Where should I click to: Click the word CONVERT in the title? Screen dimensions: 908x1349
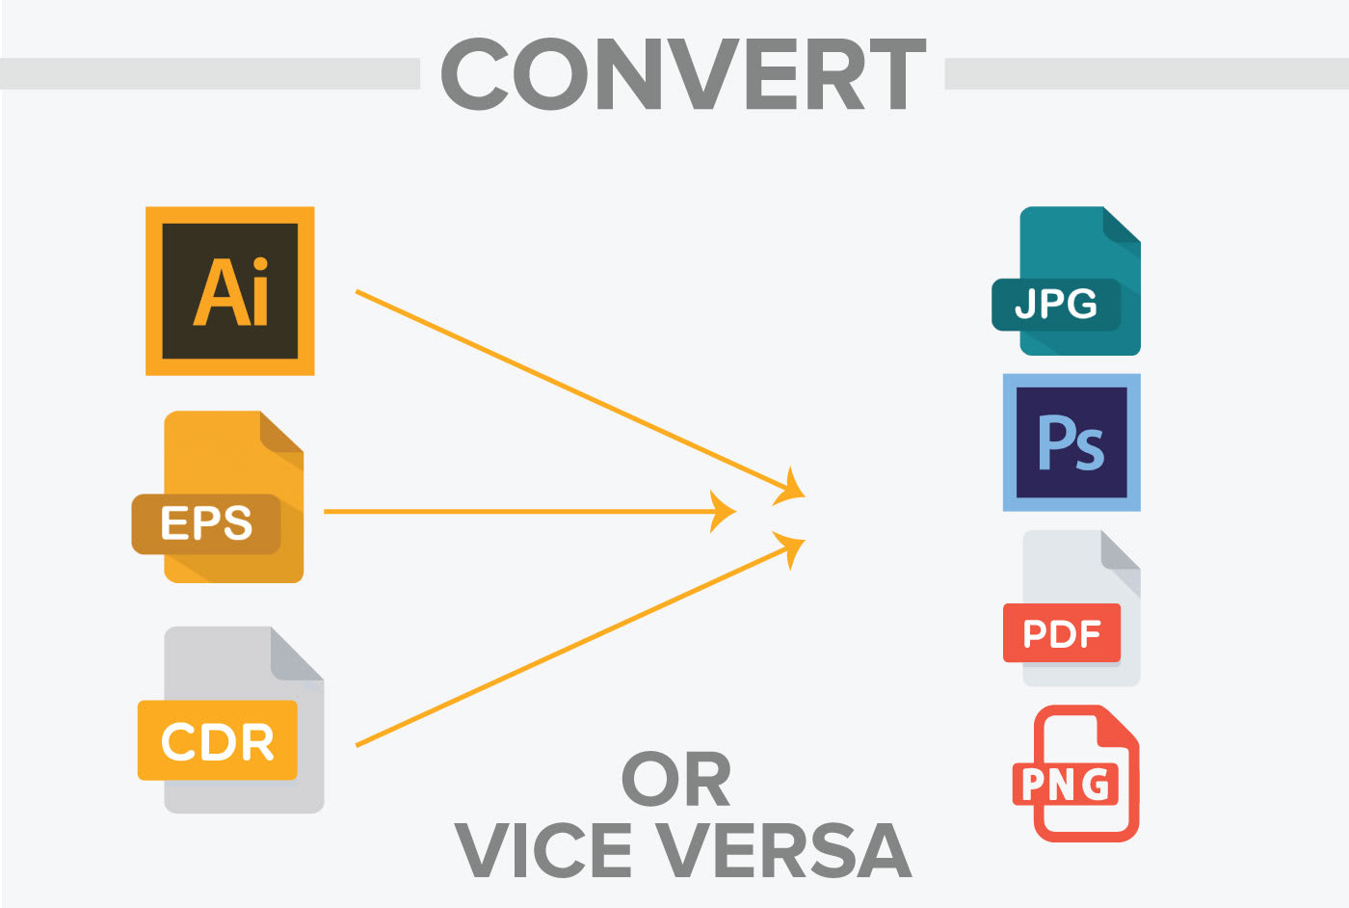pos(683,74)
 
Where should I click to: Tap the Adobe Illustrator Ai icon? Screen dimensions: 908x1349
pos(230,291)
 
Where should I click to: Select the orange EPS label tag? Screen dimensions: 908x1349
pos(206,523)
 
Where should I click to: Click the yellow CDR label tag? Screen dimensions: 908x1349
pos(218,740)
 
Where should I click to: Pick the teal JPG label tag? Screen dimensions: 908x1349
pos(1056,305)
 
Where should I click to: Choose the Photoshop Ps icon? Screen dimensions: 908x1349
pos(1071,442)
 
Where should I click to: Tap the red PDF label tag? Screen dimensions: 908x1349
pos(1062,633)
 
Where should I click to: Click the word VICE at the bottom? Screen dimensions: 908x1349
pos(542,850)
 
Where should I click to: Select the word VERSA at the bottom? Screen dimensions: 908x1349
pos(783,850)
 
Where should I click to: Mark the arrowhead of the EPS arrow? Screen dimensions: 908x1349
pos(723,512)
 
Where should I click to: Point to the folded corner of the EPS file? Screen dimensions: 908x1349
pos(282,432)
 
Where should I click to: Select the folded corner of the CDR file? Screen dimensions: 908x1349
pos(297,654)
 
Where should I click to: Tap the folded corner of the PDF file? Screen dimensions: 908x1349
pos(1121,551)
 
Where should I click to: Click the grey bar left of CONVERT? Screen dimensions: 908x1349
pos(210,74)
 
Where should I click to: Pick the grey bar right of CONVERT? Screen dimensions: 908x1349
pos(1147,74)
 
